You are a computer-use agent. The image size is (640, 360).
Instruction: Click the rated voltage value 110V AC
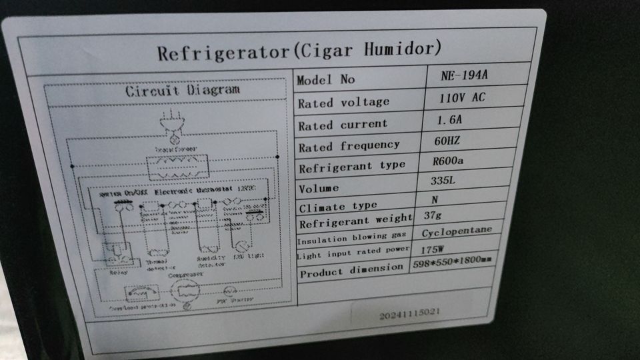coord(461,97)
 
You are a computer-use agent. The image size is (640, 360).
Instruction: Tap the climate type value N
coord(435,199)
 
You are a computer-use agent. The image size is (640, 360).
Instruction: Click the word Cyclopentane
coord(457,231)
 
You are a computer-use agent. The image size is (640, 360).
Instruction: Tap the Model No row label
coord(326,80)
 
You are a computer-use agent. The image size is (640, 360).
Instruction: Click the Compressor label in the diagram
coord(185,275)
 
